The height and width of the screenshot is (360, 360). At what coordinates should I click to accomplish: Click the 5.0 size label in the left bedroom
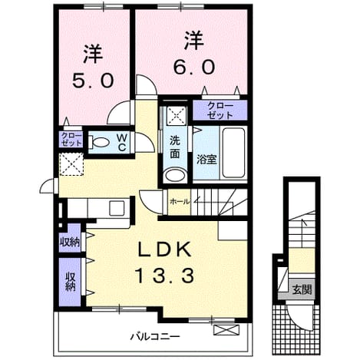(93, 80)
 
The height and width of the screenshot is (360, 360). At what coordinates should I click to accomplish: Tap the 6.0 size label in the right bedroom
(194, 67)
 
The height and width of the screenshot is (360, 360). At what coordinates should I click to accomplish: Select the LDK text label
(165, 249)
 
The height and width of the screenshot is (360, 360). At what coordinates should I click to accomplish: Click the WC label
(121, 143)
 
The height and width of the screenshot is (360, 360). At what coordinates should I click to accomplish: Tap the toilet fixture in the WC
(98, 142)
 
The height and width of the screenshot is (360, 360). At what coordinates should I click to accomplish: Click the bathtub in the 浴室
(233, 153)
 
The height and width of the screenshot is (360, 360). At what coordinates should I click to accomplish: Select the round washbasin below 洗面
(175, 175)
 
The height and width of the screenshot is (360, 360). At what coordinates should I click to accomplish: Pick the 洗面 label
(175, 147)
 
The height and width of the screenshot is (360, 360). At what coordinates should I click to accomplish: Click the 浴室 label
(206, 160)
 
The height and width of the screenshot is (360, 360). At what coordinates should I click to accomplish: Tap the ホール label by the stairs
(180, 202)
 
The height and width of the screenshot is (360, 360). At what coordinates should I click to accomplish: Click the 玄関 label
(302, 290)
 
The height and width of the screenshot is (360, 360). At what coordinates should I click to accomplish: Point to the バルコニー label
(155, 336)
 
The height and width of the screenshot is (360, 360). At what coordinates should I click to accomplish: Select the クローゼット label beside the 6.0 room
(220, 111)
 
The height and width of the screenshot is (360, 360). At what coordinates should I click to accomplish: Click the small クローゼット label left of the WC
(71, 139)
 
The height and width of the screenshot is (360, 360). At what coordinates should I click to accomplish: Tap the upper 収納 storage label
(70, 242)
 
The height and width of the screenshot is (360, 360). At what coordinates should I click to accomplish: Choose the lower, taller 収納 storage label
(70, 282)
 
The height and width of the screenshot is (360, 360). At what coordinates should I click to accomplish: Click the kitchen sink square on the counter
(117, 208)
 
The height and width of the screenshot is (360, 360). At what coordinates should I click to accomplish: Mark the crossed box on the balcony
(226, 330)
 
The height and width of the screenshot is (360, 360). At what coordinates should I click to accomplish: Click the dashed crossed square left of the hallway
(71, 164)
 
